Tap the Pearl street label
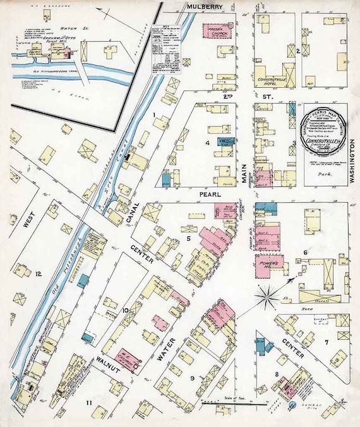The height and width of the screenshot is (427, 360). tap(209, 195)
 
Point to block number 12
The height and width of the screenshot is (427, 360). tap(39, 274)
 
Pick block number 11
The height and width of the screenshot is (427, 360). tap(89, 402)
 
